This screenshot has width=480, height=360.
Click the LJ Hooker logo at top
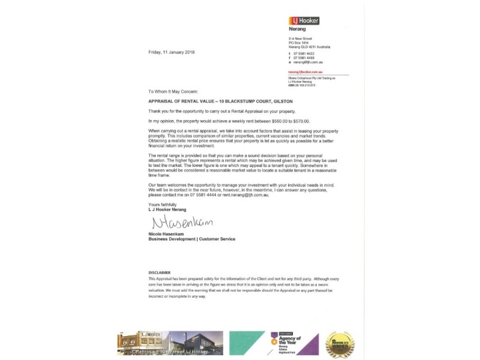pos(304,20)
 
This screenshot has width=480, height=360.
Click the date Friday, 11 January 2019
pos(172,52)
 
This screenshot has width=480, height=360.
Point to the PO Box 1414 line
pos(299,43)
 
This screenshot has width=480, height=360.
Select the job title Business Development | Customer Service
pos(191,239)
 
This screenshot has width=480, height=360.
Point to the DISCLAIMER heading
pos(159,272)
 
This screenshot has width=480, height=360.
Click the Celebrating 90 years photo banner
pos(170,344)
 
